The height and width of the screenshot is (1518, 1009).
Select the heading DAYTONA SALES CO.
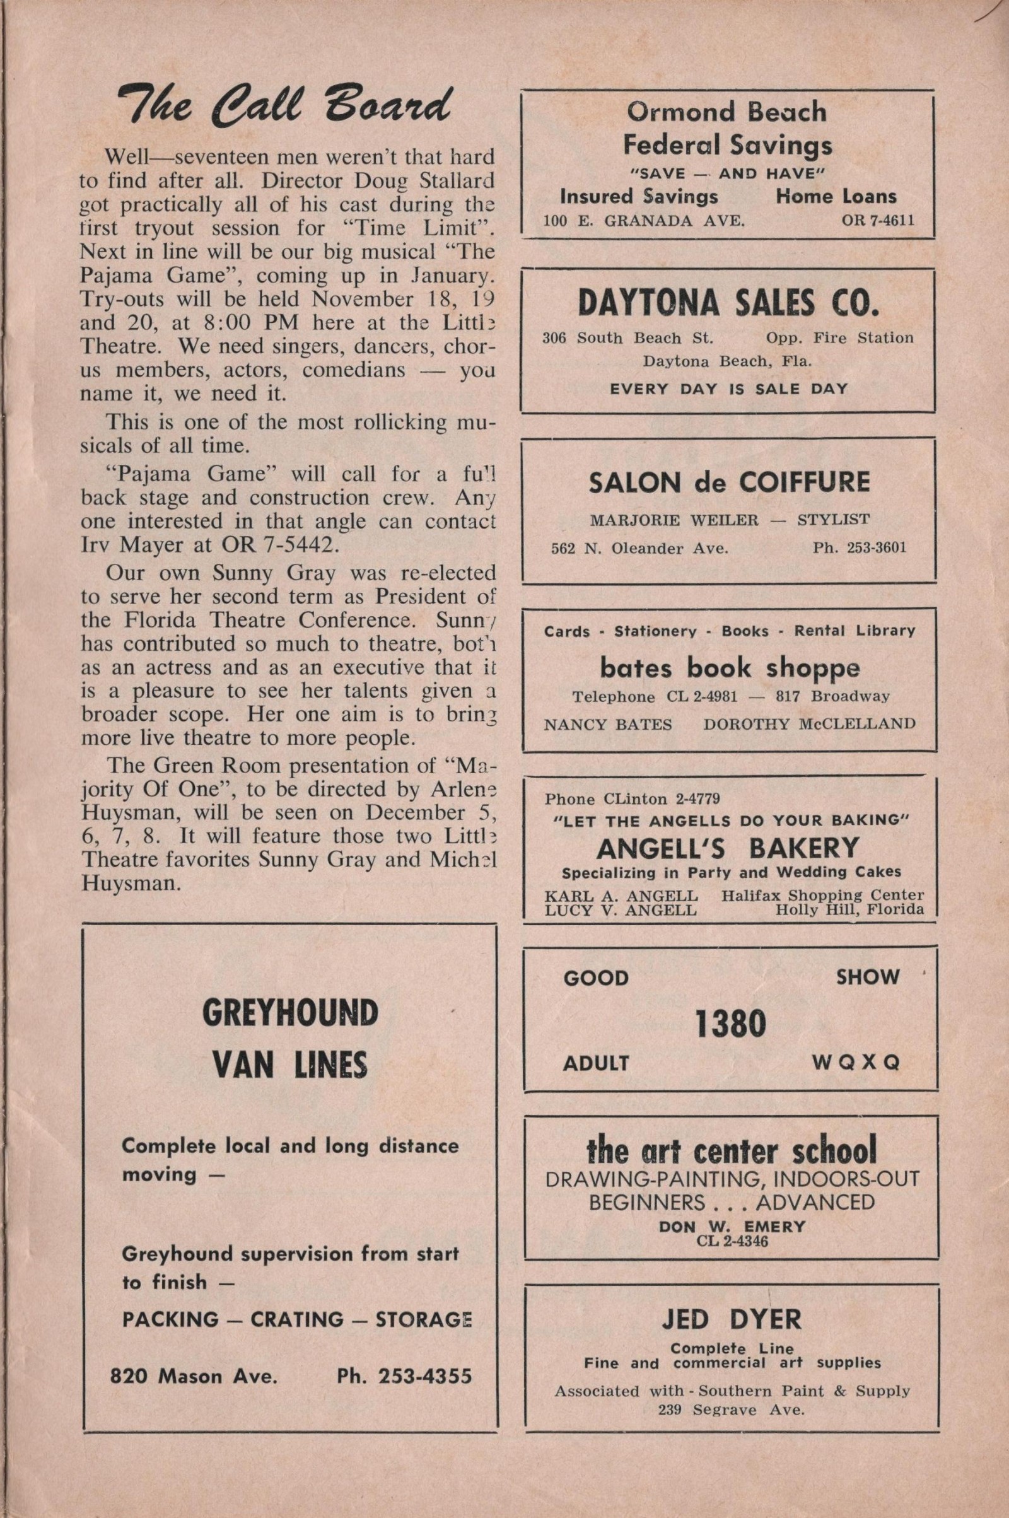click(728, 303)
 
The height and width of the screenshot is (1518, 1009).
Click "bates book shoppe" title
click(730, 668)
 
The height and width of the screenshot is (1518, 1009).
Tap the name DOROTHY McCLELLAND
click(809, 723)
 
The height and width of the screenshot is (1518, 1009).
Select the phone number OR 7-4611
click(878, 220)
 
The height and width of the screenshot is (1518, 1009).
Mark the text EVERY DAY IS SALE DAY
click(728, 388)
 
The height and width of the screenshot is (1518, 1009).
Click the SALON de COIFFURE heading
click(729, 482)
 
